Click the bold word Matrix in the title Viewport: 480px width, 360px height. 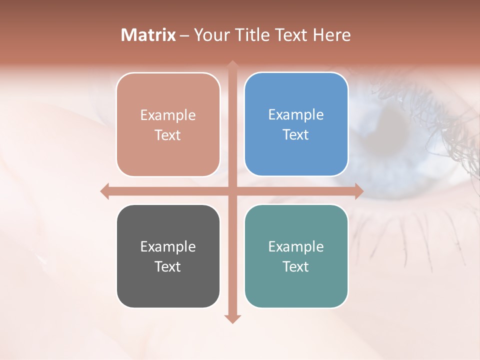[148, 35]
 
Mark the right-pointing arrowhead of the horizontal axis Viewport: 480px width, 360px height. [358, 191]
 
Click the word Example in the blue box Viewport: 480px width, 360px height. [296, 114]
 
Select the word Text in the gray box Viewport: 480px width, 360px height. [168, 266]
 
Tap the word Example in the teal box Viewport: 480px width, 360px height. [296, 246]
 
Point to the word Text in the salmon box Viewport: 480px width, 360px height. [168, 135]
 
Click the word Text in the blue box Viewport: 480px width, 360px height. [296, 135]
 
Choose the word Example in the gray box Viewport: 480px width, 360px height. [168, 246]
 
